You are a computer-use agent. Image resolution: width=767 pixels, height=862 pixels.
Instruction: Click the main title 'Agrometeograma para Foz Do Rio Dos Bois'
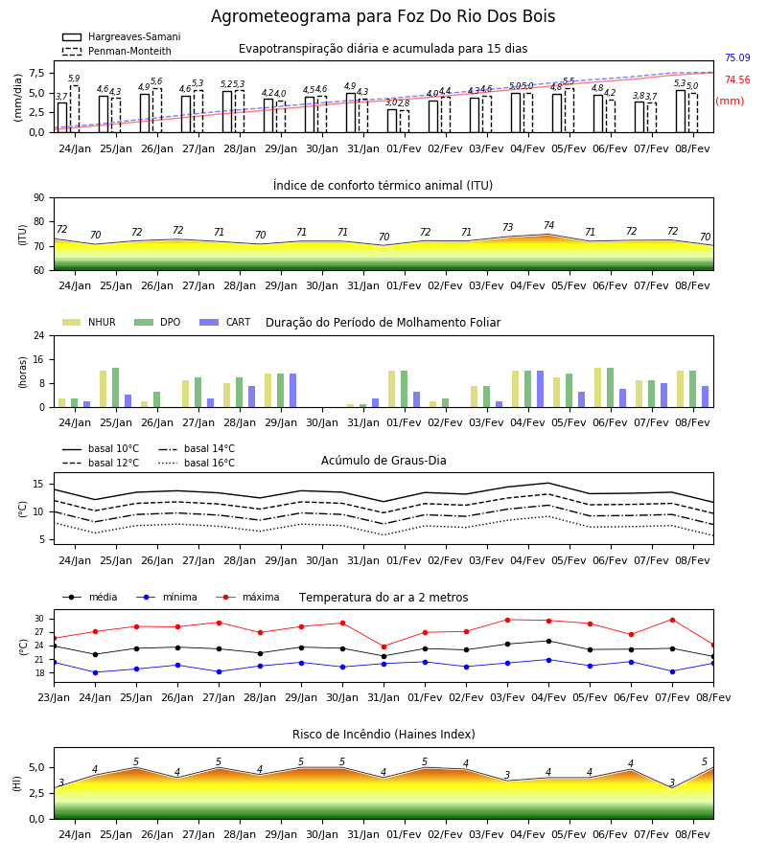click(383, 16)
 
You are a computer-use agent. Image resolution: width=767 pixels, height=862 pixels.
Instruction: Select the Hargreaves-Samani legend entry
click(121, 36)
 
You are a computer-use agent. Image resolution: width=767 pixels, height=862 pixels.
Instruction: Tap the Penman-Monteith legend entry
click(117, 51)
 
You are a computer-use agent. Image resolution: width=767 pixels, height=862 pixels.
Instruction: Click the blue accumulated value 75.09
click(737, 57)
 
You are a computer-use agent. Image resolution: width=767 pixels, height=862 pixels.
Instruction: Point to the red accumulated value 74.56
click(737, 79)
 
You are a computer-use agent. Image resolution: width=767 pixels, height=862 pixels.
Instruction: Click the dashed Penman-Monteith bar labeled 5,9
click(75, 109)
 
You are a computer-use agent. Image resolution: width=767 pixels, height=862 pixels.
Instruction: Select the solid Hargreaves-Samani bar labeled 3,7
click(62, 118)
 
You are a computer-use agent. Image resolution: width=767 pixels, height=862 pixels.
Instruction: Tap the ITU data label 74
click(548, 225)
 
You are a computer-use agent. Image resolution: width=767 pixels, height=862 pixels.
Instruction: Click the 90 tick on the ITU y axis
click(39, 198)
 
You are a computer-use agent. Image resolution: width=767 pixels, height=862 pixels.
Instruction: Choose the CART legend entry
click(225, 322)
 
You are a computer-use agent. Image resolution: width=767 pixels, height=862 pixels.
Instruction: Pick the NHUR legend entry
click(89, 322)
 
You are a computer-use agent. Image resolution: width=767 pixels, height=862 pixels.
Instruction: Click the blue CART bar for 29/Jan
click(292, 391)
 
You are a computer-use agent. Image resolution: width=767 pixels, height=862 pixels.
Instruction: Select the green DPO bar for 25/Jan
click(116, 388)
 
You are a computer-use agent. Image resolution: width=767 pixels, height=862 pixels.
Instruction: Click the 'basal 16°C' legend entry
click(197, 463)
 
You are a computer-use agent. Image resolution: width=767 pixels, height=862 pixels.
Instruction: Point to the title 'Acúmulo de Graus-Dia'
click(383, 460)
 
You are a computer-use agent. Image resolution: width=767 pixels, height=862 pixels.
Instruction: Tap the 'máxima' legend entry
click(247, 597)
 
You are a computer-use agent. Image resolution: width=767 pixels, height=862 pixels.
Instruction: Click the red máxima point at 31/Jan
click(384, 646)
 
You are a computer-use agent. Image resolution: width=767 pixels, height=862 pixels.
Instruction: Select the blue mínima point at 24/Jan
click(95, 672)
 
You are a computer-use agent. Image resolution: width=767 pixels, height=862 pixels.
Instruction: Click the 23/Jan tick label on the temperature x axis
click(54, 697)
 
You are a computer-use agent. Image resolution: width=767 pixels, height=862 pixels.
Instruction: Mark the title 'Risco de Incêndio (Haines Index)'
click(383, 735)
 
